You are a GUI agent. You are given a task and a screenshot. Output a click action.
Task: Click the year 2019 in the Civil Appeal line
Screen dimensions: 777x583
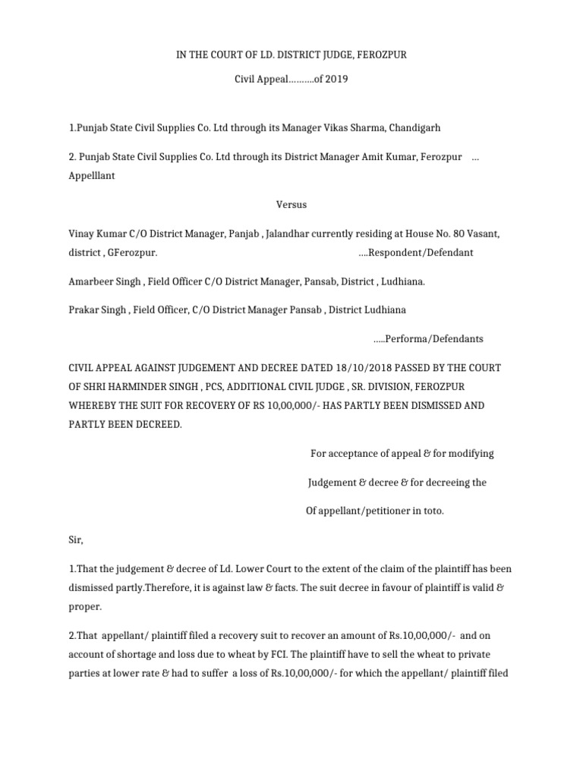click(336, 79)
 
